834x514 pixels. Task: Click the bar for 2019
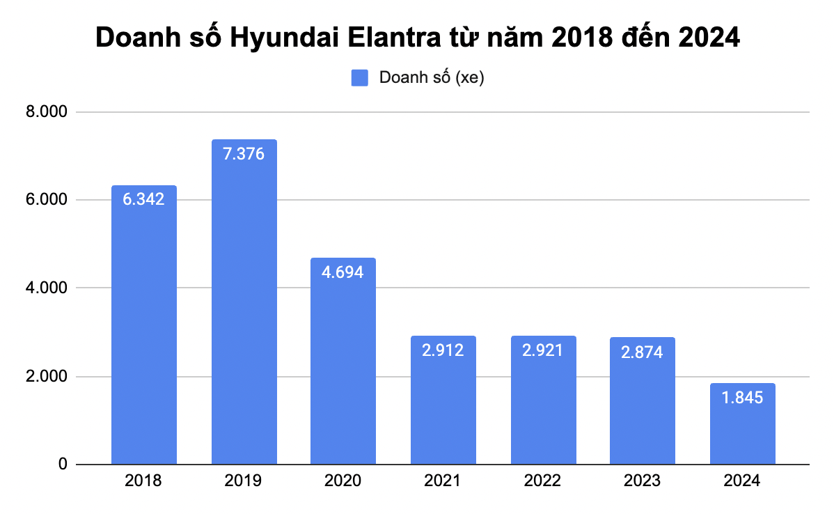click(x=244, y=302)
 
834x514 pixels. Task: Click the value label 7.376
click(x=244, y=154)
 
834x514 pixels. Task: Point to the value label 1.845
click(x=742, y=398)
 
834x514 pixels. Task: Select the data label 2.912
click(x=443, y=350)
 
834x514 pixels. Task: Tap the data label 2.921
click(x=543, y=350)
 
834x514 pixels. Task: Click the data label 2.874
click(x=642, y=352)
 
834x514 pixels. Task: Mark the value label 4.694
click(x=343, y=272)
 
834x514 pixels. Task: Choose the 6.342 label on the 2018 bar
click(x=144, y=200)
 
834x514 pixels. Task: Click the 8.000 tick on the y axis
click(x=47, y=112)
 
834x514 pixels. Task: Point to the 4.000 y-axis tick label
click(x=47, y=288)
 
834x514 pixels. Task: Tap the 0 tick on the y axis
click(x=63, y=465)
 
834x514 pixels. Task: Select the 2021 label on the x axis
click(x=443, y=481)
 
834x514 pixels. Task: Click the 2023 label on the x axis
click(x=642, y=481)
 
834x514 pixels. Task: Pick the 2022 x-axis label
click(x=543, y=481)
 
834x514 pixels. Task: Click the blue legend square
click(x=359, y=78)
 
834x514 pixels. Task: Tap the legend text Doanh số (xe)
click(x=431, y=78)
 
